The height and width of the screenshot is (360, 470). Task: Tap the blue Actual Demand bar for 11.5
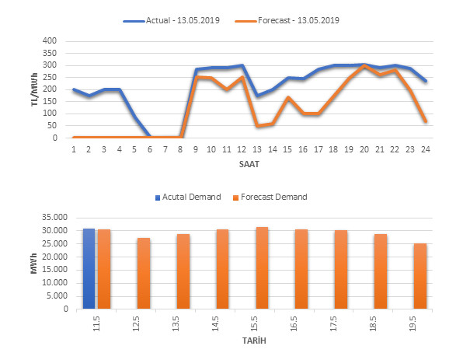(x=89, y=269)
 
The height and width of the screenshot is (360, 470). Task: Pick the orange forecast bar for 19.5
(x=420, y=277)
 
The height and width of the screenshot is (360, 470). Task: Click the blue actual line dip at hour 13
(x=257, y=96)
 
